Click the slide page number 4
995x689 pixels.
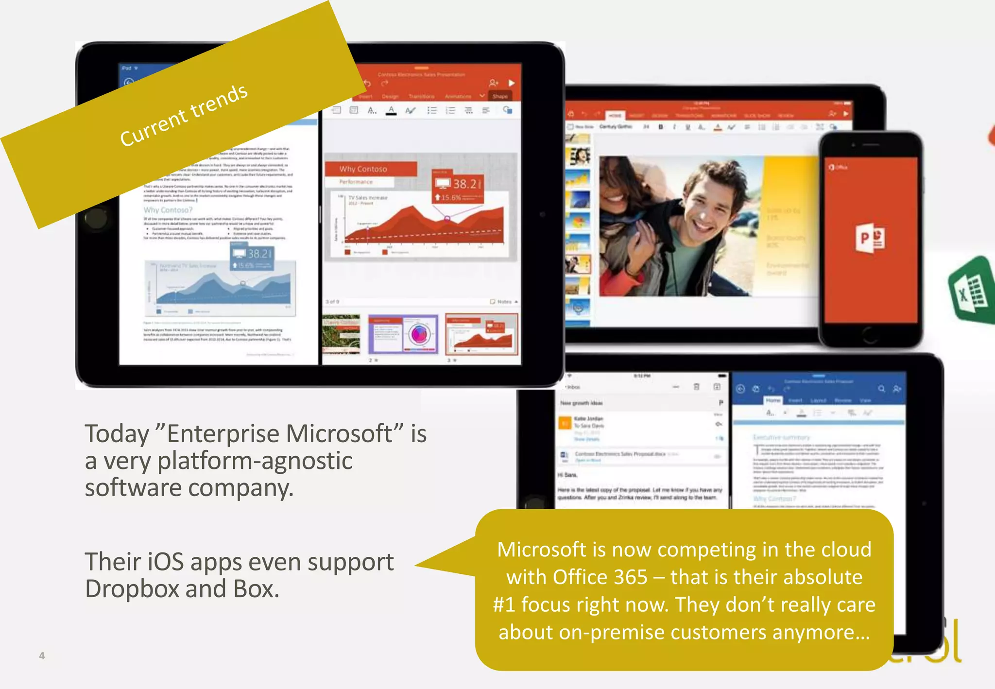(x=42, y=655)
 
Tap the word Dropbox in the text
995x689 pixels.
(x=132, y=589)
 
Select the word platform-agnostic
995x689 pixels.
(x=255, y=461)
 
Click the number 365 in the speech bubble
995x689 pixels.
(x=631, y=577)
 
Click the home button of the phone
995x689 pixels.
(x=870, y=334)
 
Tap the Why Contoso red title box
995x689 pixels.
(x=371, y=169)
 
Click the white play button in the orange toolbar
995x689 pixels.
(x=511, y=83)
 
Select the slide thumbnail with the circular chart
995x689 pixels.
(x=403, y=334)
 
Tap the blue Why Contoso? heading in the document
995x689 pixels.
(x=168, y=210)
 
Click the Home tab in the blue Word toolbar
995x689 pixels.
(x=772, y=400)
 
